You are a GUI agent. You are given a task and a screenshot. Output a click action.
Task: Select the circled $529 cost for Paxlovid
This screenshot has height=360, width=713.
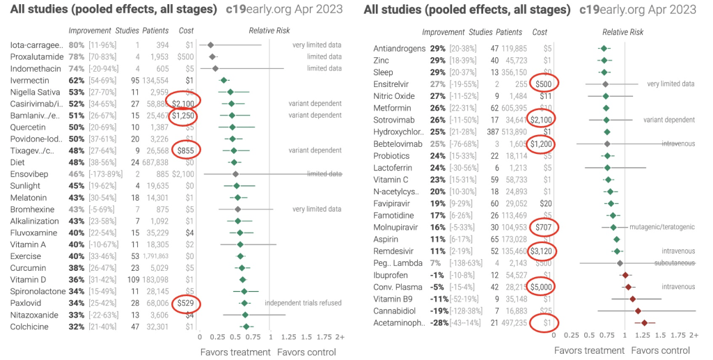[185, 303]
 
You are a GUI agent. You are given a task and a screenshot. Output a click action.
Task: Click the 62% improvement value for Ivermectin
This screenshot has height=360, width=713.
[77, 80]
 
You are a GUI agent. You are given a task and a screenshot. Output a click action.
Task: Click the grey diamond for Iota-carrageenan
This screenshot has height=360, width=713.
[210, 45]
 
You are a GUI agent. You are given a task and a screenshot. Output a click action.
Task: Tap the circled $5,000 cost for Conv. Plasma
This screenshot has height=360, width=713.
[544, 286]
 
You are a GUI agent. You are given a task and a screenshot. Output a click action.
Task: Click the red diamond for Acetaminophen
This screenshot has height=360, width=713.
[645, 322]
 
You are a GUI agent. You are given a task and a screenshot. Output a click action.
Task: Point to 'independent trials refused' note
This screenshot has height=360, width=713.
[303, 303]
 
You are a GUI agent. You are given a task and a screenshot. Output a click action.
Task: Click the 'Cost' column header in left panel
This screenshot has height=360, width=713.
[186, 31]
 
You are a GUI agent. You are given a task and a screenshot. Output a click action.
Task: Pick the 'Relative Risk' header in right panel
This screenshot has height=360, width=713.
[622, 32]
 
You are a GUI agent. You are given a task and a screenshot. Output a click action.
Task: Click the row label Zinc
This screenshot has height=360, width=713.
[381, 61]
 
